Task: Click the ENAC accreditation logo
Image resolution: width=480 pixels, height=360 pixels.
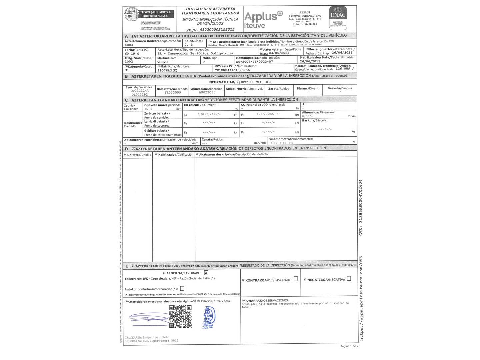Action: [x=338, y=16]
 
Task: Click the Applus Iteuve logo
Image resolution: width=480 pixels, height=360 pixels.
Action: [x=263, y=19]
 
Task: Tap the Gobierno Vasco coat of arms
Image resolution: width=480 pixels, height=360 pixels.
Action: [x=131, y=15]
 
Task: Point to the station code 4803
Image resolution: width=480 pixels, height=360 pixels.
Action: [x=129, y=45]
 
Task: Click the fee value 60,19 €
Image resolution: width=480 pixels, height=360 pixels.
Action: [x=132, y=53]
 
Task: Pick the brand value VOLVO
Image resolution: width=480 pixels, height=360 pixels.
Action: [x=163, y=62]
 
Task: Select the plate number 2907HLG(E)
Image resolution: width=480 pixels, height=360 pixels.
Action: [x=167, y=70]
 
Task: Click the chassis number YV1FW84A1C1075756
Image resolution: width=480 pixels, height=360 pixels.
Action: [x=232, y=70]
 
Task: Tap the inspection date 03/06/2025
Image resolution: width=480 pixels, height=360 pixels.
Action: [x=279, y=53]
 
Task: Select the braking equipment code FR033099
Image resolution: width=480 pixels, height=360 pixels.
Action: [x=173, y=93]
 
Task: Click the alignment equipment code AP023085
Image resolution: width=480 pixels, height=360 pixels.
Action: [x=207, y=93]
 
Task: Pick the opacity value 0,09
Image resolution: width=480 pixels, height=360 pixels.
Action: [x=148, y=109]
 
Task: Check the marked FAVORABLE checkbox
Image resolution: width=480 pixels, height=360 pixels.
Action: [x=206, y=273]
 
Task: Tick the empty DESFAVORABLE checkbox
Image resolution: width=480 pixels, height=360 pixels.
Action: [x=296, y=279]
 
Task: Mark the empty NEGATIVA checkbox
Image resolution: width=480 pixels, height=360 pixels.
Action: [x=349, y=279]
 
